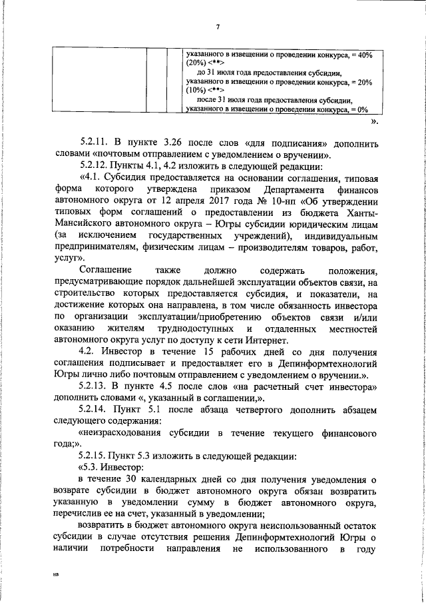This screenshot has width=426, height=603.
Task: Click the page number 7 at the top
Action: (x=218, y=26)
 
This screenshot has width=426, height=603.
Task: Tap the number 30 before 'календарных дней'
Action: (x=132, y=480)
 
